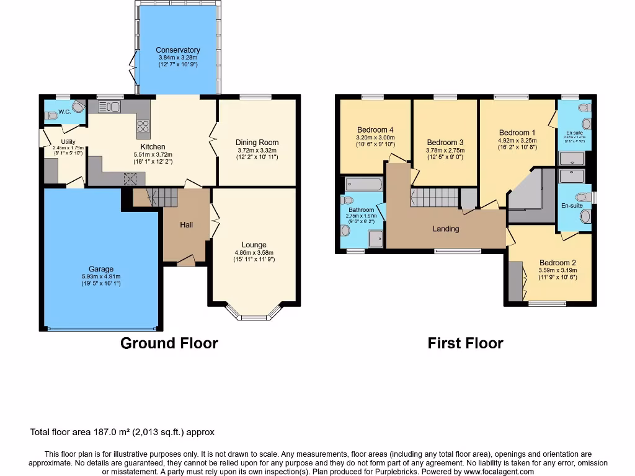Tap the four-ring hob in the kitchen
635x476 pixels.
[143, 126]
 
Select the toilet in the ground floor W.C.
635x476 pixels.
[77, 107]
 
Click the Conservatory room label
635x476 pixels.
[178, 50]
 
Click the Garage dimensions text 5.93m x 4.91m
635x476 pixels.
[101, 276]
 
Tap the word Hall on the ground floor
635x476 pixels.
[186, 224]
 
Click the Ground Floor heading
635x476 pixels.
[169, 343]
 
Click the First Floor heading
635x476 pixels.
[465, 343]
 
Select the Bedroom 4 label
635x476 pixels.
[375, 130]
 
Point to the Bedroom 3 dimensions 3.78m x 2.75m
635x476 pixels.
[445, 150]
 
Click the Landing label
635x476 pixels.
[446, 229]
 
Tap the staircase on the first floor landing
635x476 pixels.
[434, 198]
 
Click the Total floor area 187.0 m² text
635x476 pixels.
[122, 432]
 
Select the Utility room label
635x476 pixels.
[68, 142]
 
